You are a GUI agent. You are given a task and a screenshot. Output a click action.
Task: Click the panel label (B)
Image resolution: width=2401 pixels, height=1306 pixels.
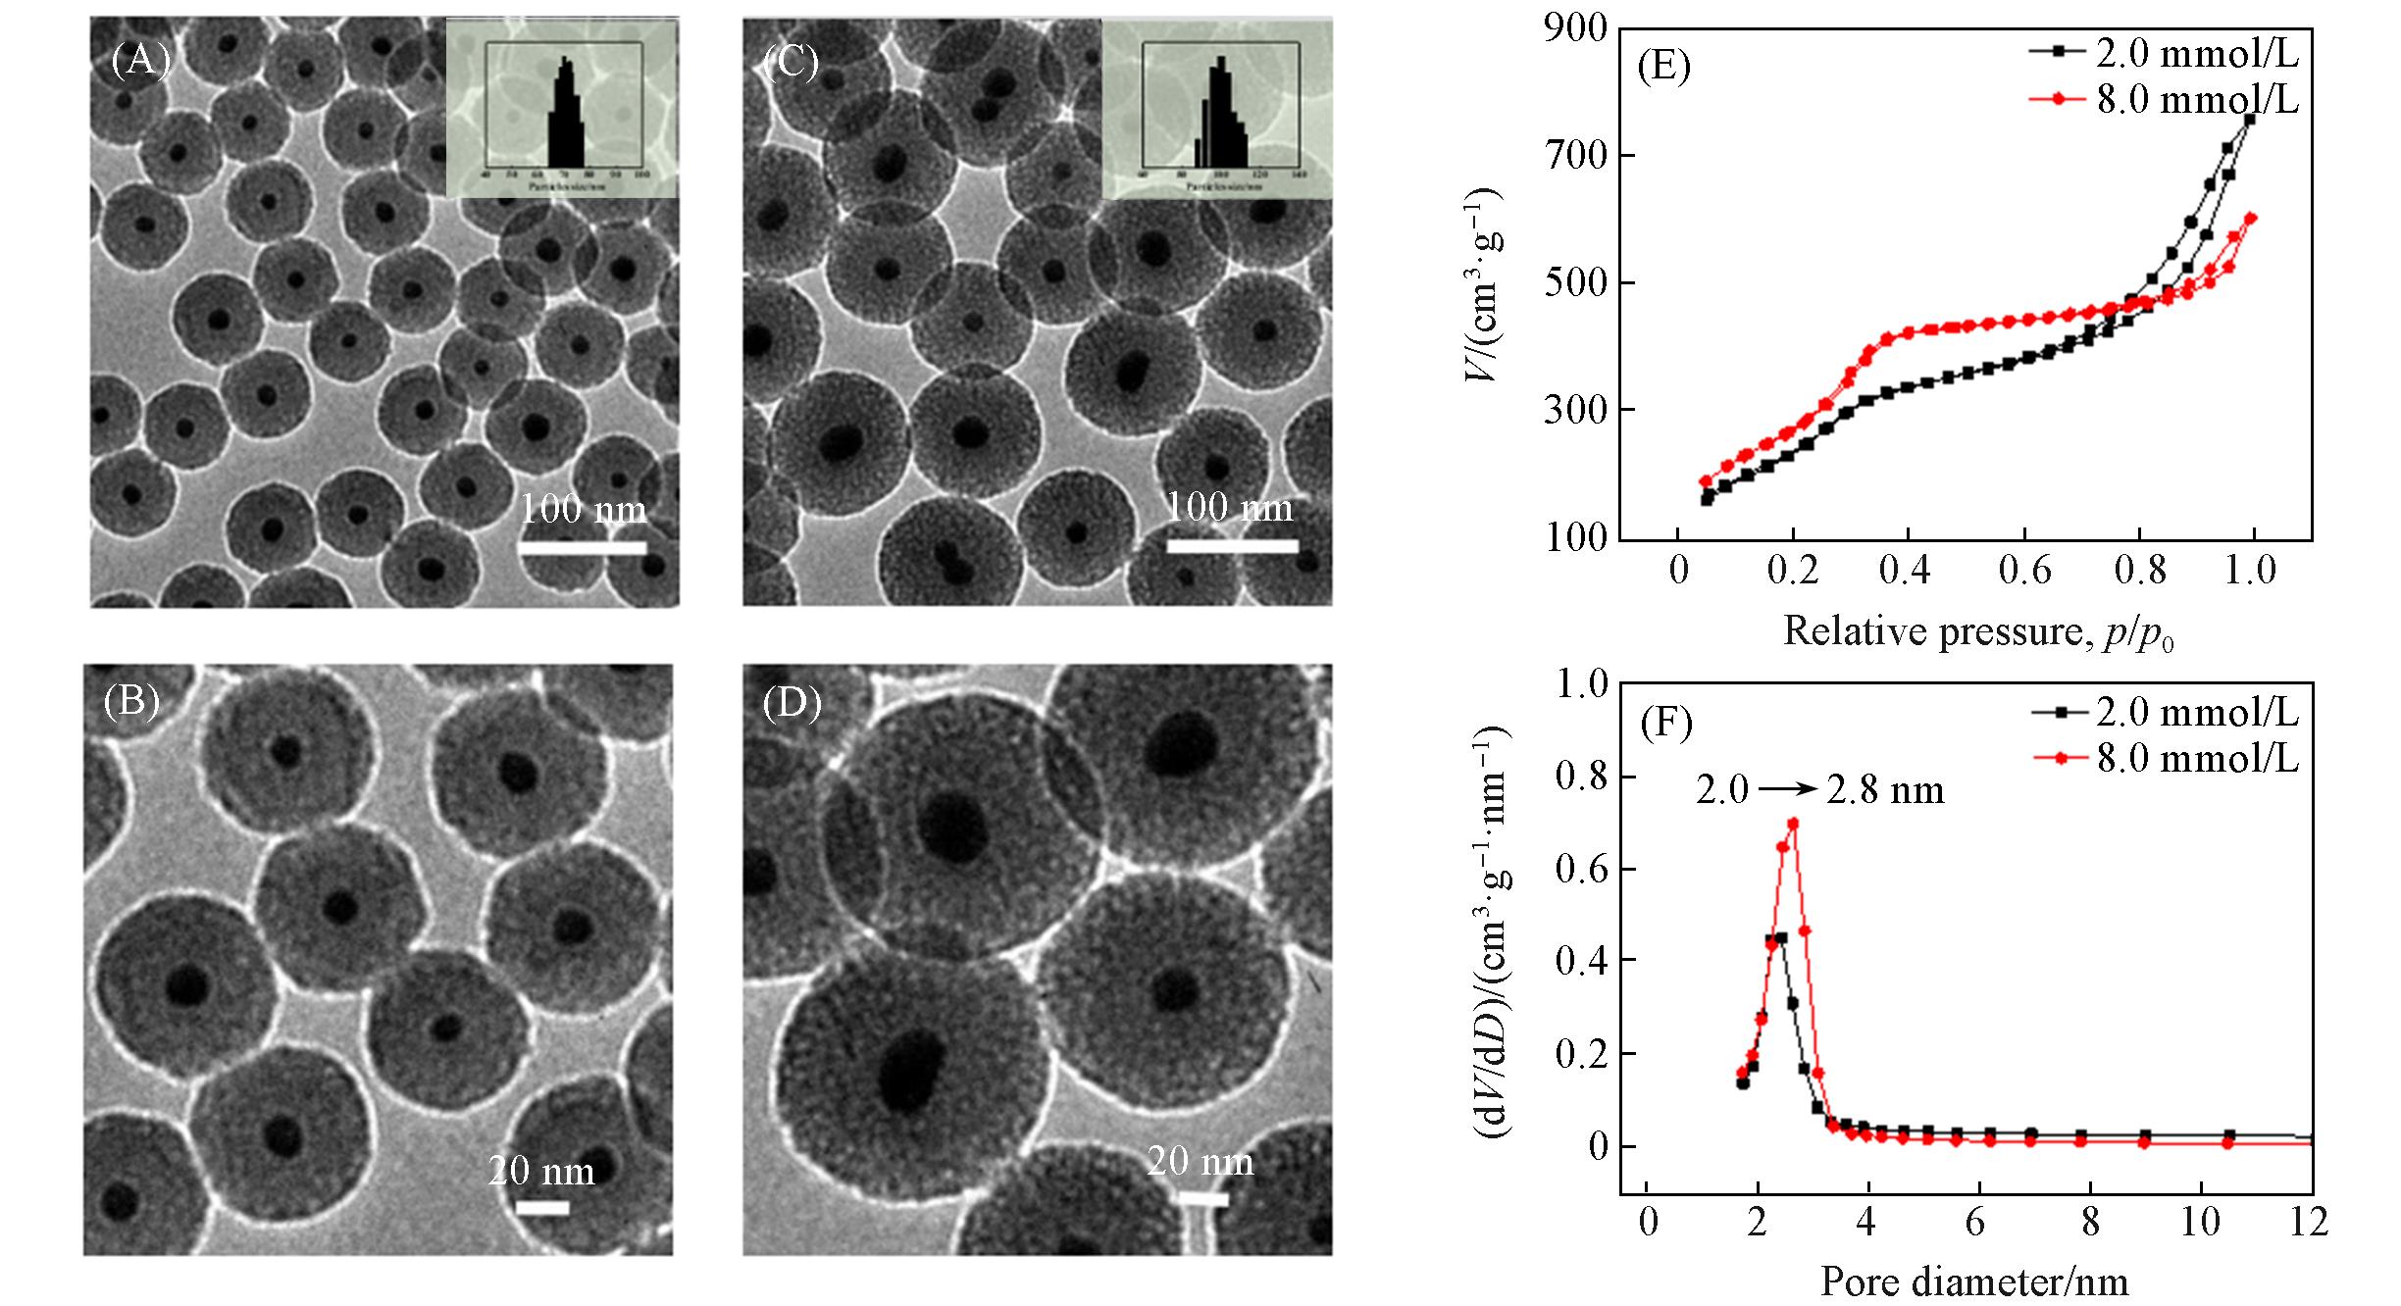[130, 701]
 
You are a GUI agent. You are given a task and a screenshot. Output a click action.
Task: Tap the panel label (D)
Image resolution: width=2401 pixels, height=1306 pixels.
[792, 703]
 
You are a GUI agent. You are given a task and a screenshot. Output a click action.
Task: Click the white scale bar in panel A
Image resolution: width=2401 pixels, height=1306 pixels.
[582, 547]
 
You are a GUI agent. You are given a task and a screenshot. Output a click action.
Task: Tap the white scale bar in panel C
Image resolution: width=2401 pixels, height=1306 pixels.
[1231, 545]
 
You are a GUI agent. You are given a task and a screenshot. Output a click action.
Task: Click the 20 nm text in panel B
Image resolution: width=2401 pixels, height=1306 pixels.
[541, 1171]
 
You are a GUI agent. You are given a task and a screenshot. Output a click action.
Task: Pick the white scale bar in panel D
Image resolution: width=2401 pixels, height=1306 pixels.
[1202, 1198]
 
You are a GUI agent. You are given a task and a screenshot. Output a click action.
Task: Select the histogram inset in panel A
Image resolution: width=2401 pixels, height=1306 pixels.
[562, 108]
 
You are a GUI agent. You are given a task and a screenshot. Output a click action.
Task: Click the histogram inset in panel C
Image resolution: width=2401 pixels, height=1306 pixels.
[1217, 108]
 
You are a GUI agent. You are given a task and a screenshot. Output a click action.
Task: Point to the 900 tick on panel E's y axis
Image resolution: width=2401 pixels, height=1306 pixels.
[1577, 30]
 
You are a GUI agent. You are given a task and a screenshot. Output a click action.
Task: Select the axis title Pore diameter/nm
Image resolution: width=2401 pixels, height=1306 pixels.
[1974, 1282]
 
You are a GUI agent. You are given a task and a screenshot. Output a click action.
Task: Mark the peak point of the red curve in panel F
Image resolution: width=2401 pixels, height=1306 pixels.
[1793, 824]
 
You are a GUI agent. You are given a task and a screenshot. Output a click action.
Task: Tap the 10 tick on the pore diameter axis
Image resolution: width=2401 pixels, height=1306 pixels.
[2201, 1222]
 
